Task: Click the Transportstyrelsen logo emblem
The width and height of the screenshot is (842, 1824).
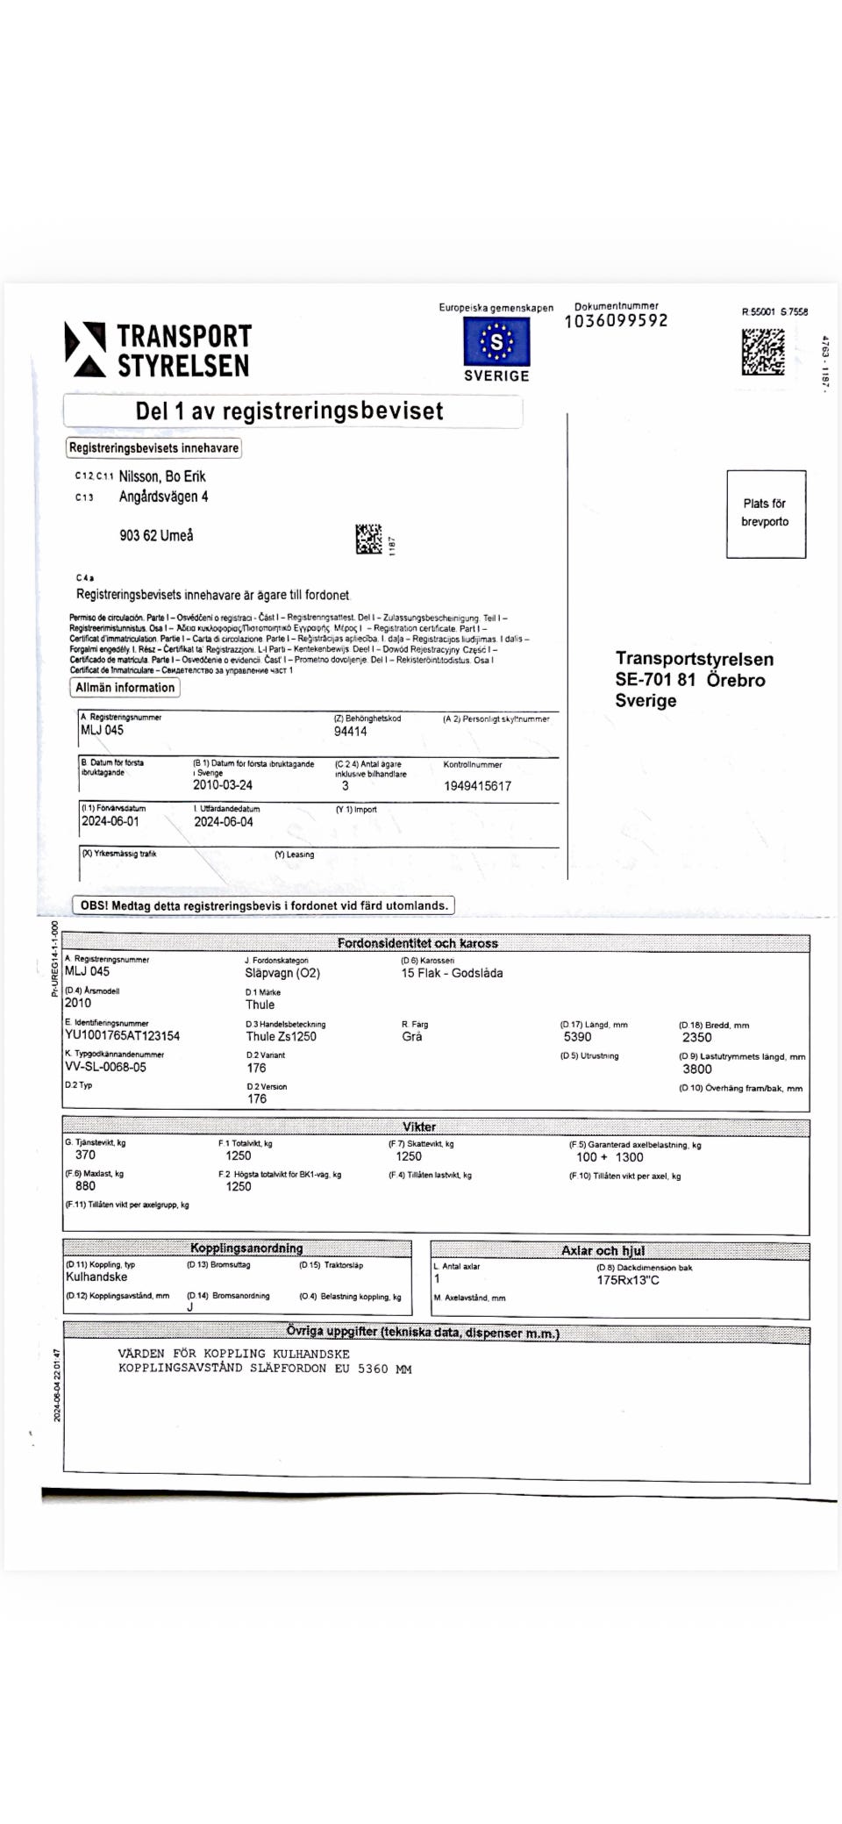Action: [x=85, y=349]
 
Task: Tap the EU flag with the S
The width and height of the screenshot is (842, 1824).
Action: [x=496, y=341]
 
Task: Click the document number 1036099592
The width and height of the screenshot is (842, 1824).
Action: [x=616, y=321]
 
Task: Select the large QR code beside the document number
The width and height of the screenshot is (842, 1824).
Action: [x=763, y=352]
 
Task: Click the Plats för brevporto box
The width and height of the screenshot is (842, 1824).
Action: [x=766, y=513]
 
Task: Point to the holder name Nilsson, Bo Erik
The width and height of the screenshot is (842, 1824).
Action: [x=162, y=476]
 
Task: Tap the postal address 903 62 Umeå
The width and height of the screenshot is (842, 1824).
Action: [x=156, y=535]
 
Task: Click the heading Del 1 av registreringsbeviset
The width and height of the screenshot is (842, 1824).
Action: [x=289, y=411]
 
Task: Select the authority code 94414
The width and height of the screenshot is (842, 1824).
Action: [x=350, y=731]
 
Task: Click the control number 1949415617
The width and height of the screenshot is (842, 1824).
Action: [x=477, y=786]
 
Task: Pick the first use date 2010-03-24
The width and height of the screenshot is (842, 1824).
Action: [x=223, y=785]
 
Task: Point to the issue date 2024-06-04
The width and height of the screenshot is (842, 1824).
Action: [x=223, y=822]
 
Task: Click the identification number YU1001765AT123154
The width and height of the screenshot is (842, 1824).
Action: [x=122, y=1035]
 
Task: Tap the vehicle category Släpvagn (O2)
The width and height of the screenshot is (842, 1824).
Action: [x=282, y=973]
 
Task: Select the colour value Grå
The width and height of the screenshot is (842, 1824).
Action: [x=411, y=1036]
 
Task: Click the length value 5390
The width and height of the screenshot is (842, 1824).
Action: [x=577, y=1036]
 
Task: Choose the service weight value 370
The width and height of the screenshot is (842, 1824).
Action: [x=85, y=1155]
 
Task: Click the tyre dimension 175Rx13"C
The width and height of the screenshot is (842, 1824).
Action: [x=628, y=1280]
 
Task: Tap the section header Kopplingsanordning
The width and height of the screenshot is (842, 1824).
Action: [x=246, y=1248]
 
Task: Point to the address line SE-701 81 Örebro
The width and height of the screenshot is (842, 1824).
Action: [x=689, y=680]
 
